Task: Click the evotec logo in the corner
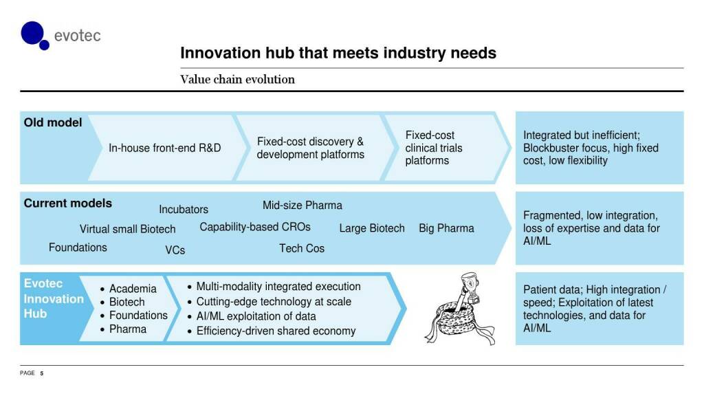click(x=60, y=35)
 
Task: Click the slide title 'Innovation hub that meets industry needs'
click(x=338, y=53)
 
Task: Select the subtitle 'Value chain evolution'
click(x=237, y=79)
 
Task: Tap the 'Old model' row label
click(x=53, y=122)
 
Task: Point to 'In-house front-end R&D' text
click(x=165, y=148)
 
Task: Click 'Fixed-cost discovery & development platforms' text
click(x=310, y=148)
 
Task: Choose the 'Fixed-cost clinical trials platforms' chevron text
click(x=434, y=148)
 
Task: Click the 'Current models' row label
click(x=67, y=203)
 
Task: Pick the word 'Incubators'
click(x=184, y=210)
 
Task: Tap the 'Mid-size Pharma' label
click(x=302, y=205)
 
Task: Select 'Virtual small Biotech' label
click(x=127, y=229)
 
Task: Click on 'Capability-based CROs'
click(x=255, y=227)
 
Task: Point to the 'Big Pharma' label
click(x=446, y=228)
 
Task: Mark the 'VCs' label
click(x=175, y=250)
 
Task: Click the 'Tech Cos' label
click(x=301, y=248)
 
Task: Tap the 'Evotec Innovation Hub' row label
click(x=54, y=299)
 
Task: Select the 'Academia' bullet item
click(x=133, y=289)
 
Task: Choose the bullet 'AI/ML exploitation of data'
click(x=256, y=316)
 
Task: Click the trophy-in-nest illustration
click(x=458, y=309)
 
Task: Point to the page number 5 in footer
click(x=41, y=373)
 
